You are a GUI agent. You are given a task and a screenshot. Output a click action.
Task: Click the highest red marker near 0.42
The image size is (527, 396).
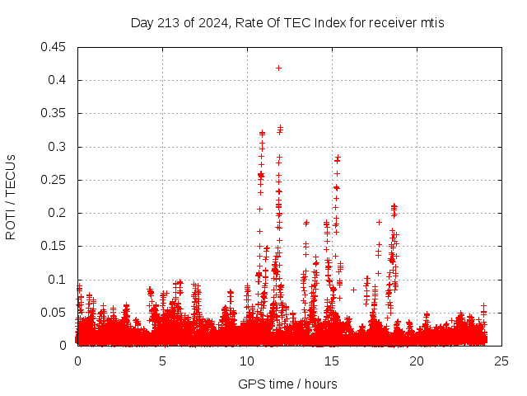click(x=278, y=68)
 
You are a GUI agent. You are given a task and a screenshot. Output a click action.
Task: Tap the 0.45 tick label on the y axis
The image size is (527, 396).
click(x=54, y=47)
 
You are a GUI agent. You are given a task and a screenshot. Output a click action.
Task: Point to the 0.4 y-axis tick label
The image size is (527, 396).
click(x=58, y=80)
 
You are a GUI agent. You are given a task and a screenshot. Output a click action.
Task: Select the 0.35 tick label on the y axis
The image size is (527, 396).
click(x=54, y=113)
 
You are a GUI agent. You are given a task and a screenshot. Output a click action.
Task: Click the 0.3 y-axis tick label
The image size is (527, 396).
click(x=58, y=147)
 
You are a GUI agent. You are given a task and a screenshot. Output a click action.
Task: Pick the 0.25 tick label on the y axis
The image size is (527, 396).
click(x=54, y=180)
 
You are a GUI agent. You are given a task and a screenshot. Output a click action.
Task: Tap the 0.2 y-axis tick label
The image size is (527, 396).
click(x=58, y=213)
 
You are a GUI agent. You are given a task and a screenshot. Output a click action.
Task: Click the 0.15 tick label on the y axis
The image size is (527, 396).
click(x=54, y=246)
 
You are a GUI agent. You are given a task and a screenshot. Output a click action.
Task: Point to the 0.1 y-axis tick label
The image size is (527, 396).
click(x=58, y=280)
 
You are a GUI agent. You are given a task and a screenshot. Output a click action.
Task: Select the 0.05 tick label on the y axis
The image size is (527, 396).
click(x=54, y=313)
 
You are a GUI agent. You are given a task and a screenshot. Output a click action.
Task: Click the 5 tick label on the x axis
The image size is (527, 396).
click(x=163, y=361)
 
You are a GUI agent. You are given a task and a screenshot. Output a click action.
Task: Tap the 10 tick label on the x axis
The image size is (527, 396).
click(x=248, y=361)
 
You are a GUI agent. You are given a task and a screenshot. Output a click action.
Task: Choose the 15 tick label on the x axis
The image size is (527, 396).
click(x=332, y=361)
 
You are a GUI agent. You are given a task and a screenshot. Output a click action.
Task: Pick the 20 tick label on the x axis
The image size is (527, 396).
click(x=417, y=361)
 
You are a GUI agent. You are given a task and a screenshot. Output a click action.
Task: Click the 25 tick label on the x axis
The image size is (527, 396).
click(x=501, y=361)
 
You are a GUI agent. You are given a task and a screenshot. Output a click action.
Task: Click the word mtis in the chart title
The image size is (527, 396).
click(x=431, y=23)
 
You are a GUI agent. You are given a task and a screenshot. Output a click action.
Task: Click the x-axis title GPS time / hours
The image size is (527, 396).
click(x=287, y=384)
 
